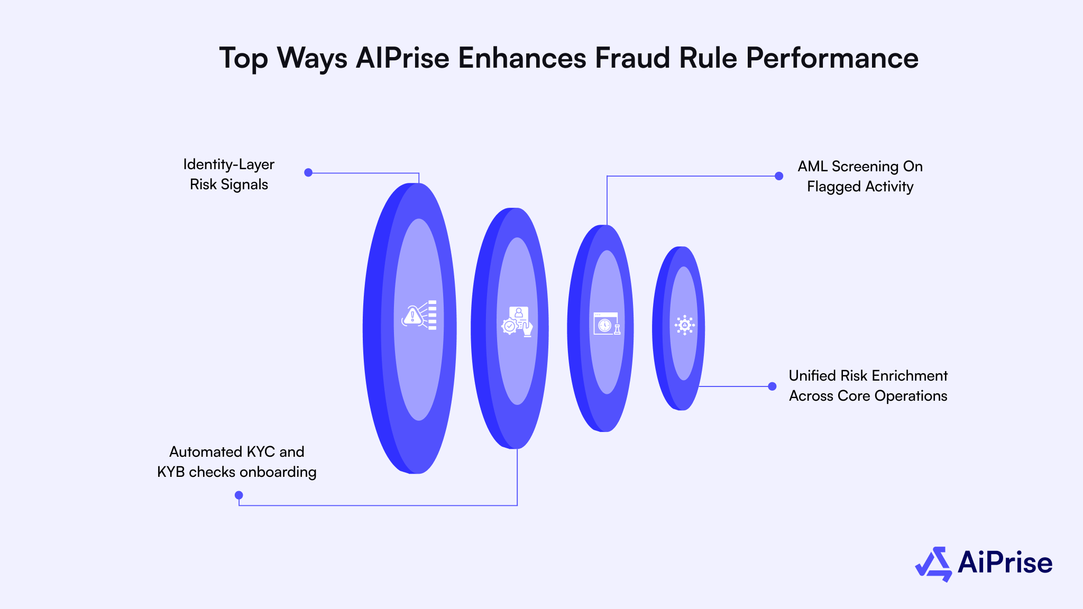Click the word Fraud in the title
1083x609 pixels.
632,58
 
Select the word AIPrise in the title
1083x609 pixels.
402,58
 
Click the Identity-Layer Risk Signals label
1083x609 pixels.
229,174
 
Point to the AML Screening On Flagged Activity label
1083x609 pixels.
860,177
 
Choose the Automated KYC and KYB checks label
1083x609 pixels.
237,462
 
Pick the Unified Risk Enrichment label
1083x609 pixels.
868,386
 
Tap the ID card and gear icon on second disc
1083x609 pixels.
517,321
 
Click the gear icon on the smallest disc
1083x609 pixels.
684,325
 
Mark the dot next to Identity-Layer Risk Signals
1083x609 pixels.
308,172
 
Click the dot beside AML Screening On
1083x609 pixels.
779,176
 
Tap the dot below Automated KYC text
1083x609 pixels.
239,495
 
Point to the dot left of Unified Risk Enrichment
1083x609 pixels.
772,386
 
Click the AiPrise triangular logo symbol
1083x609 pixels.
934,564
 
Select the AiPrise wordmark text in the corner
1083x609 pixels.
1005,563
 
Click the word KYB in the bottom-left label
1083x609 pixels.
171,472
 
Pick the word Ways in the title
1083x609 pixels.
312,58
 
